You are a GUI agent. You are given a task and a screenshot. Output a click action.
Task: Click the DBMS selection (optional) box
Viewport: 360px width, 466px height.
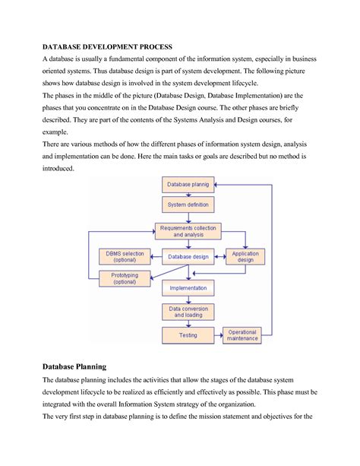tap(125, 256)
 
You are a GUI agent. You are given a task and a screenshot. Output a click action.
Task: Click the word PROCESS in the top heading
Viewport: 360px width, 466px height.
tap(151, 46)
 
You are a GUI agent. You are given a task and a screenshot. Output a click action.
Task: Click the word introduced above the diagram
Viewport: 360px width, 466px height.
tap(58, 168)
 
